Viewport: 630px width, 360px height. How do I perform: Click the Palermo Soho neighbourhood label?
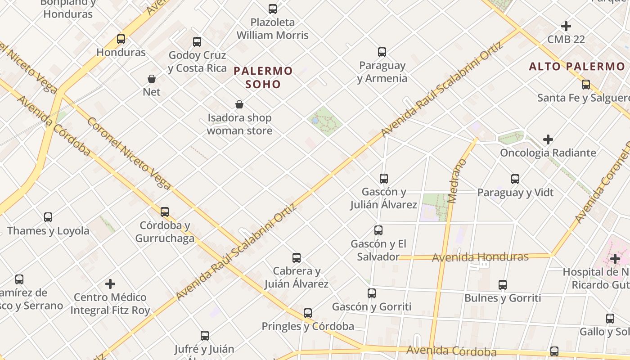coord(263,77)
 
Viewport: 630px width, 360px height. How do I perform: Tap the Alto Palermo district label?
coord(577,67)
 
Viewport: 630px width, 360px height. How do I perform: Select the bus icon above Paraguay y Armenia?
coord(382,52)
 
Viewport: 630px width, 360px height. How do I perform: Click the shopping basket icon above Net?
coord(152,79)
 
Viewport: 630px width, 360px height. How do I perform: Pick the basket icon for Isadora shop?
coord(239,105)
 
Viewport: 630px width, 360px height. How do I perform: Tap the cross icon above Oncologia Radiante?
coord(548,139)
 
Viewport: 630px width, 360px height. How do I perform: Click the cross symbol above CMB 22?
coord(566,26)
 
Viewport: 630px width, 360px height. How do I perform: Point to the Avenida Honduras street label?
coord(480,257)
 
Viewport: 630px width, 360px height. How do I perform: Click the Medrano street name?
coord(458,181)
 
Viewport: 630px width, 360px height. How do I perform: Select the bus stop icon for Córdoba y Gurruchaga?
coord(165,211)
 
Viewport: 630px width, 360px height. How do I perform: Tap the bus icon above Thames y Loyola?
coord(48,217)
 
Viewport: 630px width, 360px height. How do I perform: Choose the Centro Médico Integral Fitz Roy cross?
coord(110,284)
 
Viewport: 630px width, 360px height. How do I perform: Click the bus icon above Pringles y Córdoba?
coord(308,313)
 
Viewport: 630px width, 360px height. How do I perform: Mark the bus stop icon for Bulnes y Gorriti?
coord(503,284)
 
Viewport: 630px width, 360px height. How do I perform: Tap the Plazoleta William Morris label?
coord(273,29)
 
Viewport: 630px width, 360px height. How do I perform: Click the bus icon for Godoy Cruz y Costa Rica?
coord(197,42)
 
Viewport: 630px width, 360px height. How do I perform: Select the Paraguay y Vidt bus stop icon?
coord(515,179)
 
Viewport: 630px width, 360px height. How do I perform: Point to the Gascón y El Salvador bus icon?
coord(378,230)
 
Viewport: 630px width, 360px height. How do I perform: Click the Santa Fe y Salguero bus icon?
coord(586,84)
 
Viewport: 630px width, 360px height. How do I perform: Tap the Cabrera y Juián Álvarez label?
coord(296,277)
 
